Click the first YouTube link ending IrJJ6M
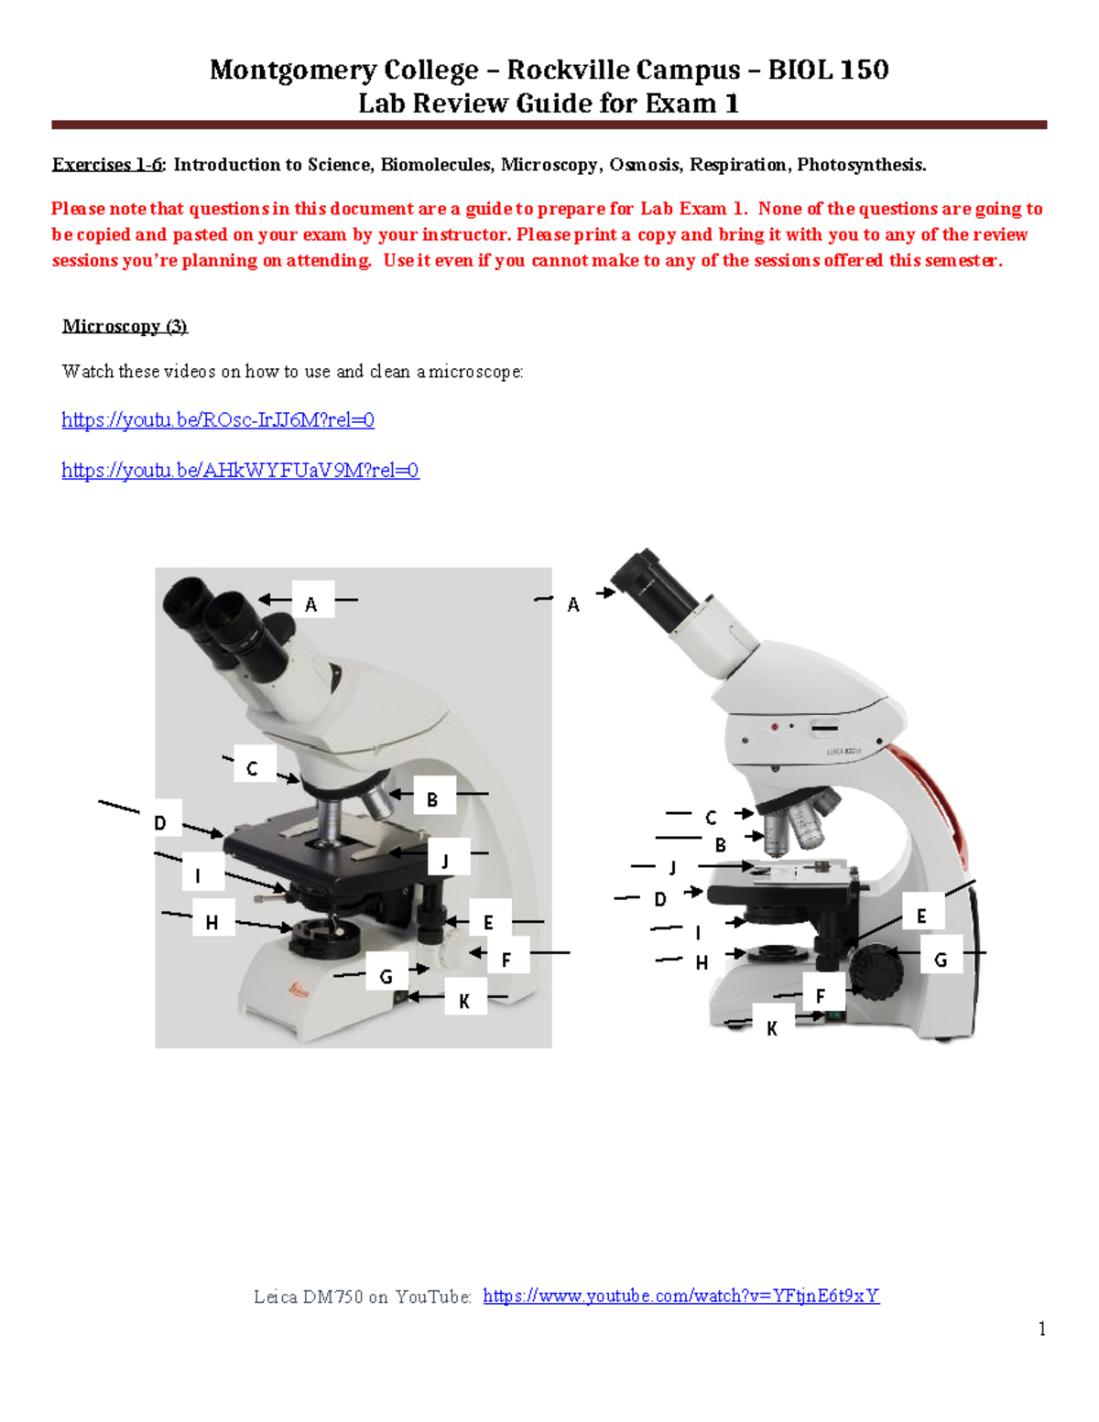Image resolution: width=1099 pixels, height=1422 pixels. pyautogui.click(x=218, y=420)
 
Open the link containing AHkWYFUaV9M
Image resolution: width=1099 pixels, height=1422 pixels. pyautogui.click(x=240, y=471)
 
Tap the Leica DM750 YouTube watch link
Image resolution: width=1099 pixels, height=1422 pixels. pyautogui.click(x=680, y=1296)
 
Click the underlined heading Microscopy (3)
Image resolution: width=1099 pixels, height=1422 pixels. pyautogui.click(x=125, y=327)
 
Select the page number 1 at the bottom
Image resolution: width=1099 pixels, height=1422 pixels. pyautogui.click(x=1042, y=1329)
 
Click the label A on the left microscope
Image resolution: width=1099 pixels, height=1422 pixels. pyautogui.click(x=311, y=604)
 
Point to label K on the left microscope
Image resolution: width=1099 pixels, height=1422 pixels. pyautogui.click(x=464, y=1002)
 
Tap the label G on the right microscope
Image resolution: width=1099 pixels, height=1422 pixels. pyautogui.click(x=941, y=960)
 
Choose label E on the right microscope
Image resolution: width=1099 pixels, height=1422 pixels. pyautogui.click(x=921, y=916)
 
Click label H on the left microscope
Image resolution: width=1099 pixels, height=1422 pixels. pyautogui.click(x=212, y=923)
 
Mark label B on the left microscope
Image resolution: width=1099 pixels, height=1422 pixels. pyautogui.click(x=432, y=800)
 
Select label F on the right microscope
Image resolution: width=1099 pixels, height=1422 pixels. pyautogui.click(x=821, y=996)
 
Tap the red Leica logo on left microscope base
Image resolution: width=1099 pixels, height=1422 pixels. pyautogui.click(x=299, y=990)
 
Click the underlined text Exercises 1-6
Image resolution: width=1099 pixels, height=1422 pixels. pyautogui.click(x=107, y=165)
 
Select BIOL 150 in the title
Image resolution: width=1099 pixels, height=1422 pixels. pyautogui.click(x=828, y=70)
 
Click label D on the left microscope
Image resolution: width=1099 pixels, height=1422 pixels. pyautogui.click(x=160, y=823)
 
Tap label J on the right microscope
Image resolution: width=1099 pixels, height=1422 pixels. pyautogui.click(x=673, y=867)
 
